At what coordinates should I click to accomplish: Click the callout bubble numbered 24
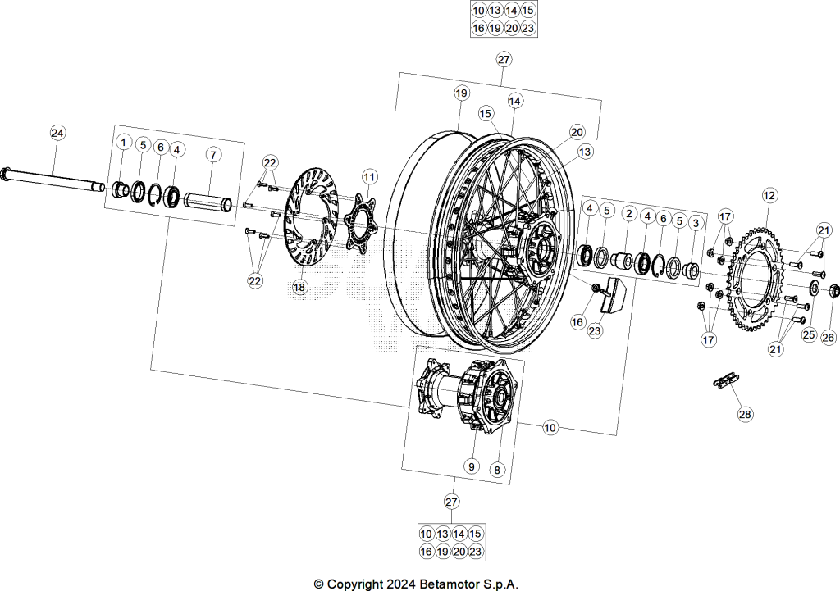[x=58, y=132]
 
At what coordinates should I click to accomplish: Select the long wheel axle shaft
[x=54, y=179]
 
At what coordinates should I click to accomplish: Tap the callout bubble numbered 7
[x=213, y=155]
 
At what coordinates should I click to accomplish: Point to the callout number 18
[x=299, y=288]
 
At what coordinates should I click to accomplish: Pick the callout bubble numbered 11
[x=369, y=177]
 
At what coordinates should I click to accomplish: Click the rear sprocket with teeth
[x=756, y=280]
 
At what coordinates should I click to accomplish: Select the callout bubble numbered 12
[x=769, y=196]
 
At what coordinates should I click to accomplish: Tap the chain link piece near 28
[x=725, y=380]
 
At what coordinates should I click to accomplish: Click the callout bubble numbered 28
[x=745, y=414]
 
